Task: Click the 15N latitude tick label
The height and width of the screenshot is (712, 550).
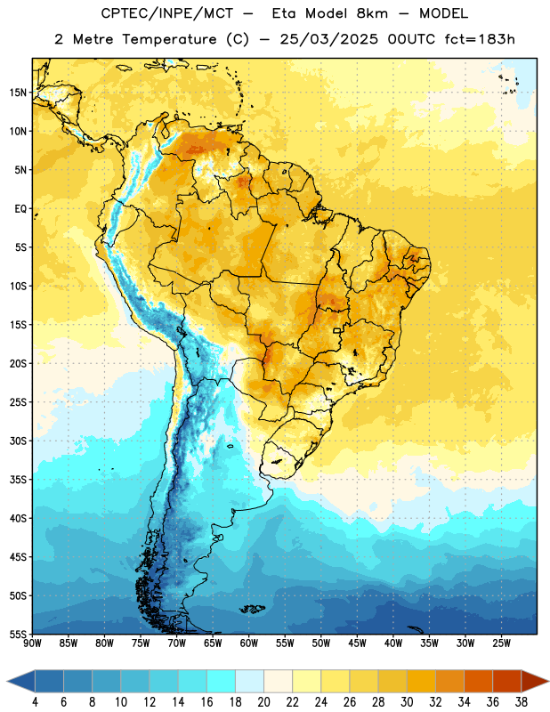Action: click(18, 93)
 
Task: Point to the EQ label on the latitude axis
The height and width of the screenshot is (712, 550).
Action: click(20, 209)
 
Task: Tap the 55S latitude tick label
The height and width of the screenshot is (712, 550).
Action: click(18, 634)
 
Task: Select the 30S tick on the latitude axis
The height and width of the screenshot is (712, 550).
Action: click(18, 441)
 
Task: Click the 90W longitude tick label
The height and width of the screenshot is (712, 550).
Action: click(32, 643)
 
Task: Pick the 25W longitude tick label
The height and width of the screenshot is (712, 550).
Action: click(501, 643)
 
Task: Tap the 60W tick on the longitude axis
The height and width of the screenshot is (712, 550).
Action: click(249, 643)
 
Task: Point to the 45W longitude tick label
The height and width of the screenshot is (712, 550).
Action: click(358, 643)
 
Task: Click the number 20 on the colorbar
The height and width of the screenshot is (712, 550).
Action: click(263, 702)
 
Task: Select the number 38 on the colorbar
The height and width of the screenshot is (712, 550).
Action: click(522, 702)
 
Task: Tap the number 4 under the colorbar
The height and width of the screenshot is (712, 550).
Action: click(35, 702)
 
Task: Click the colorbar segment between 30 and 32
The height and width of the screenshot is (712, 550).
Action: click(421, 681)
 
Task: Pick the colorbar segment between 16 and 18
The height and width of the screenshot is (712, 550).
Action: click(221, 681)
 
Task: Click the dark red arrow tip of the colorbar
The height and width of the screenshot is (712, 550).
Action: click(548, 681)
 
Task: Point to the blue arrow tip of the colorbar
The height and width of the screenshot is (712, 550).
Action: click(8, 681)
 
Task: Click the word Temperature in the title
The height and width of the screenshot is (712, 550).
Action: click(169, 39)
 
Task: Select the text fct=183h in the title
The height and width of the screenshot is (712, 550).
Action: click(480, 39)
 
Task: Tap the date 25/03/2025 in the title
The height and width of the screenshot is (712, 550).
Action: click(328, 39)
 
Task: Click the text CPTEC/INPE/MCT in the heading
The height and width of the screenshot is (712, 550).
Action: click(167, 13)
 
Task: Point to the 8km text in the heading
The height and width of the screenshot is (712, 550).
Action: click(372, 13)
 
